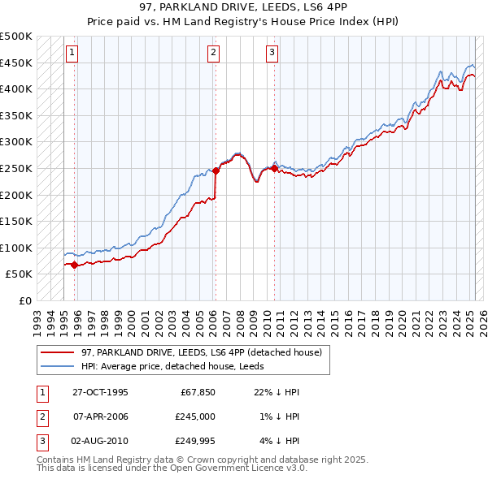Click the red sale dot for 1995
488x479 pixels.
(74, 265)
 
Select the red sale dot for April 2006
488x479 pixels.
(216, 171)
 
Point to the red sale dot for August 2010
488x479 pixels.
(274, 168)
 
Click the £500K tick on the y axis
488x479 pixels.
(16, 37)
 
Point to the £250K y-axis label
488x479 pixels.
(16, 168)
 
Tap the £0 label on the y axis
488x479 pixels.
(25, 300)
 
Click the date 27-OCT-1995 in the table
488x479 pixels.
(100, 391)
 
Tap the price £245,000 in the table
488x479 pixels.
(197, 416)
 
